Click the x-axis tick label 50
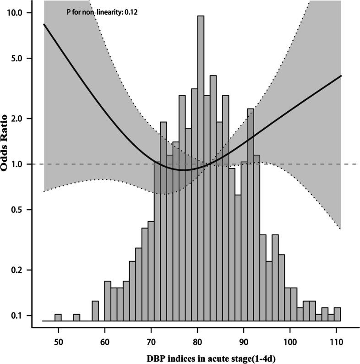click(x=58, y=342)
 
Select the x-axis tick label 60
click(x=104, y=342)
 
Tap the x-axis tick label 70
click(x=151, y=342)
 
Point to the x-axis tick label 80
click(x=197, y=342)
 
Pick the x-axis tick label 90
click(x=243, y=342)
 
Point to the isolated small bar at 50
click(x=58, y=317)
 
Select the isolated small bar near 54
click(x=76, y=317)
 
